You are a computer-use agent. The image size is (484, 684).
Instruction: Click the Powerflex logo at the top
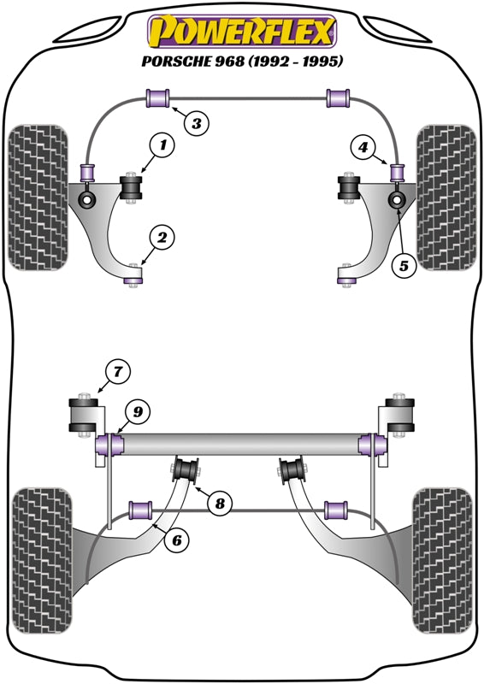[x=242, y=32]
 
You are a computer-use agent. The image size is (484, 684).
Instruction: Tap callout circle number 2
[x=162, y=237]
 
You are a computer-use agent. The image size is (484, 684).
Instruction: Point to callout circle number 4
[x=364, y=149]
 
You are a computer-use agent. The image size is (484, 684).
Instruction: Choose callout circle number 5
[x=404, y=265]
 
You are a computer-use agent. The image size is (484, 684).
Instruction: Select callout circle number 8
[x=220, y=503]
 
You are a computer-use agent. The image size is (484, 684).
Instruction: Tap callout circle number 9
[x=139, y=412]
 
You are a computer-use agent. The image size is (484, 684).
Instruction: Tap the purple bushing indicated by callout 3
[x=158, y=97]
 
